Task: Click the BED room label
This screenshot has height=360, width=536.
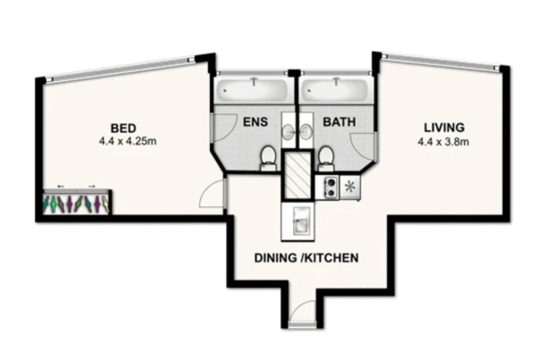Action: click(123, 129)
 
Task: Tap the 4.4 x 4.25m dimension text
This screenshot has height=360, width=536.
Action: click(128, 141)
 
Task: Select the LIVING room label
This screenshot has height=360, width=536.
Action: click(444, 128)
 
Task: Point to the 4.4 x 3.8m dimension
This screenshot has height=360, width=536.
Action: click(443, 141)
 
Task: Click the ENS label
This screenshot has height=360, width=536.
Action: click(255, 121)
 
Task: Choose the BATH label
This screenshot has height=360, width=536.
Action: click(339, 121)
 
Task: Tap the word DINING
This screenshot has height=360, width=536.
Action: click(275, 258)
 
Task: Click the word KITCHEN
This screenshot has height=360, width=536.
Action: click(331, 258)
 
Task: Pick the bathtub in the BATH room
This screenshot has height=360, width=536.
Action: click(333, 90)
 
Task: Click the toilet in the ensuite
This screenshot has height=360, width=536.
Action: click(267, 158)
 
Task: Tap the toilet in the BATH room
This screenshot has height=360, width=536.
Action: click(326, 158)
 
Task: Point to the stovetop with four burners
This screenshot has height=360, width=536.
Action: click(328, 188)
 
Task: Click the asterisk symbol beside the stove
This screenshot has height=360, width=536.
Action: click(349, 187)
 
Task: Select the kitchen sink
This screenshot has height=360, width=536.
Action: click(297, 221)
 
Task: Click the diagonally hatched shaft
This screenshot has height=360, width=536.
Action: click(297, 175)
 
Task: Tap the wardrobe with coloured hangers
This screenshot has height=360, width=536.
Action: click(77, 202)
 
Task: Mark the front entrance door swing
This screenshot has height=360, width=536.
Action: click(303, 312)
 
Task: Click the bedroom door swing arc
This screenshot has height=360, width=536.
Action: click(209, 193)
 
